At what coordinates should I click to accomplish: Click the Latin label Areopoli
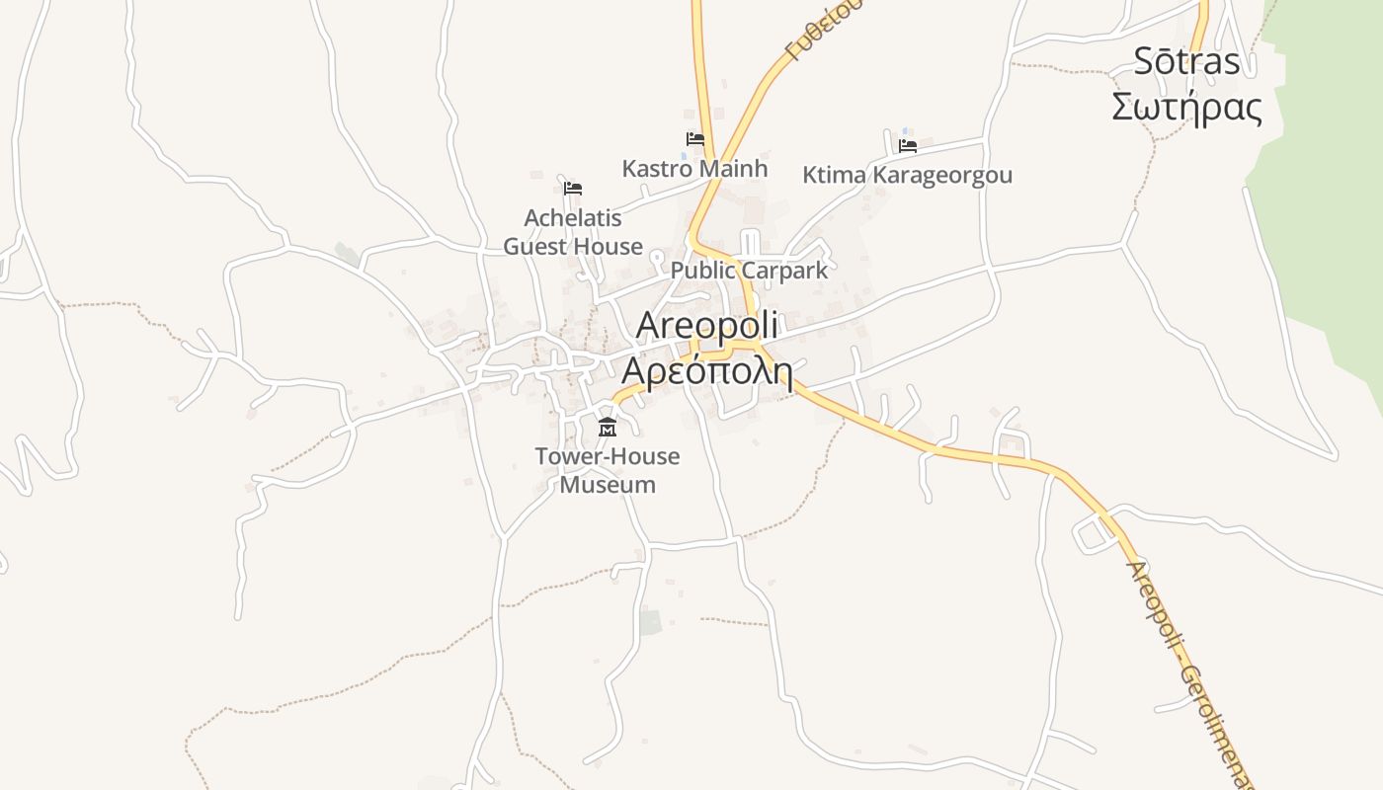coord(707,324)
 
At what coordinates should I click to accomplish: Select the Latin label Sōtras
coord(1186,61)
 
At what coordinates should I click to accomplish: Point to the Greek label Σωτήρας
coord(1186,107)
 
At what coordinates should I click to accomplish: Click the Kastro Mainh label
coord(694,169)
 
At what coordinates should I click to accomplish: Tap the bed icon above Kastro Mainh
coord(695,140)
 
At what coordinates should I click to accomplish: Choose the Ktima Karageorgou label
coord(907,176)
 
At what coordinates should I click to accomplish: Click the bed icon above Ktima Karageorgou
coord(908,146)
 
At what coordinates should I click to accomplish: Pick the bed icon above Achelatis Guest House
coord(573,188)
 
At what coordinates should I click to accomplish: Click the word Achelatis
coord(573,217)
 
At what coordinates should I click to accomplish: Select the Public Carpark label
coord(749,271)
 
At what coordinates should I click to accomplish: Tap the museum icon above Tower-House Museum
coord(608,428)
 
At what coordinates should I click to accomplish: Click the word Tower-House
coord(608,456)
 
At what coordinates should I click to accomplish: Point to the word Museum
coord(608,485)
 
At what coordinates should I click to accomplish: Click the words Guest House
coord(573,247)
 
